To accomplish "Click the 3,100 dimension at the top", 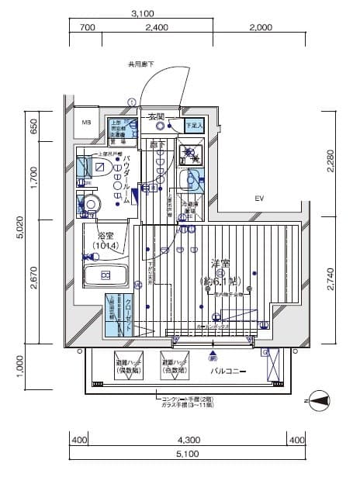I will point(142,13).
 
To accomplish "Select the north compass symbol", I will point(319,401).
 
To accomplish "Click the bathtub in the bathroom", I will point(102,275).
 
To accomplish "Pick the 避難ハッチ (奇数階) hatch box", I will point(178,367).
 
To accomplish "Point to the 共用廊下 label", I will point(141,64).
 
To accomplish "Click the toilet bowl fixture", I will point(92,206).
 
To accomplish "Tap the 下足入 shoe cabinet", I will point(192,124).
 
